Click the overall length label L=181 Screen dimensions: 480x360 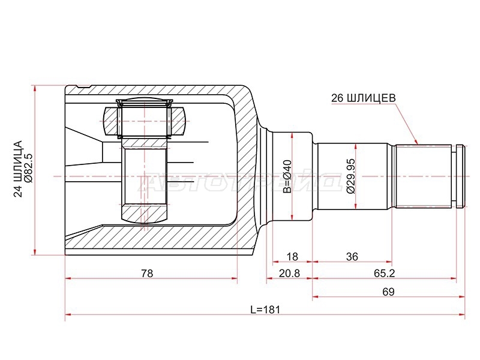265,310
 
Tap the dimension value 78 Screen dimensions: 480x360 147,273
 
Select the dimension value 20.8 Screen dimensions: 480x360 289,273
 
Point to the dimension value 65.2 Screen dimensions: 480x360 385,273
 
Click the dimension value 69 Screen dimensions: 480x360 388,292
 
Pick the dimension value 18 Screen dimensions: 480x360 292,257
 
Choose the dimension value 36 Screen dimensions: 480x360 352,257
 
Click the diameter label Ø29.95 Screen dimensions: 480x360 351,176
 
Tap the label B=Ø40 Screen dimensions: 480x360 288,176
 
